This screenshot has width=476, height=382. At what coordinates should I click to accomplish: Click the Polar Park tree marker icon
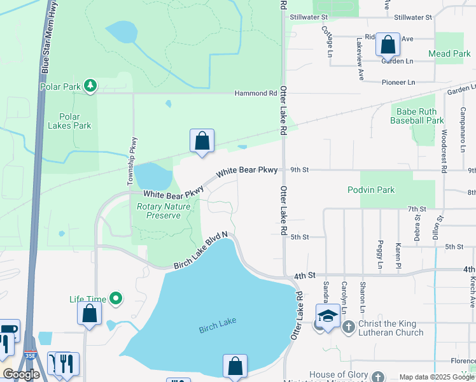click(90, 85)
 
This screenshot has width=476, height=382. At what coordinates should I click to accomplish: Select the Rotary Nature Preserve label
click(164, 211)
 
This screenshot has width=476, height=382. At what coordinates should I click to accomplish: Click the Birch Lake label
click(217, 324)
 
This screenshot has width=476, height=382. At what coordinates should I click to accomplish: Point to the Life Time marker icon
click(116, 298)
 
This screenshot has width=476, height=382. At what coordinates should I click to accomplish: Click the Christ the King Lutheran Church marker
click(348, 327)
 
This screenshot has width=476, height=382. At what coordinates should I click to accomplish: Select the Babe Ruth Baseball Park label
click(416, 115)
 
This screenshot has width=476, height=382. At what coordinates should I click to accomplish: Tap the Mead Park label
click(449, 54)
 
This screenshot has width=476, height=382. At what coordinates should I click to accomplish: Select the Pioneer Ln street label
click(398, 82)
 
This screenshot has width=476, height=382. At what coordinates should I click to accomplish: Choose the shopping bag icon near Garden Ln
click(388, 45)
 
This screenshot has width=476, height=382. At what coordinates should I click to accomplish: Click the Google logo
click(20, 374)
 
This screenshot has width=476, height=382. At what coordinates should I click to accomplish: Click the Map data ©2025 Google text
click(437, 377)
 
